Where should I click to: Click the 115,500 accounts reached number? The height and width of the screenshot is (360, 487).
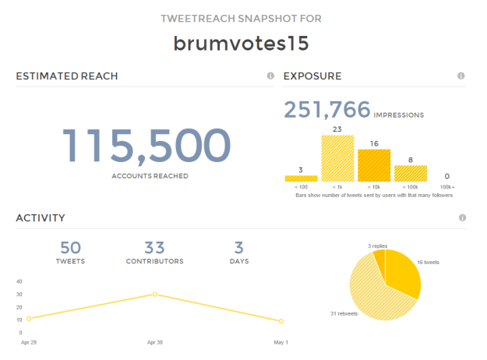tap(146, 146)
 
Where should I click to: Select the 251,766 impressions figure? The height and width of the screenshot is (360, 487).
tap(326, 110)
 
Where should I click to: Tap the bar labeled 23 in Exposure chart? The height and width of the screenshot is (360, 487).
tap(337, 158)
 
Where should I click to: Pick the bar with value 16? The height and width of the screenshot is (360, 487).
tap(373, 165)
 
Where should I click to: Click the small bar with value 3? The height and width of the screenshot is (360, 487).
tap(302, 178)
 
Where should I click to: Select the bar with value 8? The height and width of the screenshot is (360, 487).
tap(410, 173)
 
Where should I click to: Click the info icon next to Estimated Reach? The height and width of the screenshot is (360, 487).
tap(270, 76)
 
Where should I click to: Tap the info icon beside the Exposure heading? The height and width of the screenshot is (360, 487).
tap(461, 76)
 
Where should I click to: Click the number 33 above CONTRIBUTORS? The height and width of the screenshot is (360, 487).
tap(154, 248)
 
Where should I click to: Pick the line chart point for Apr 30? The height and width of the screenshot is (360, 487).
tap(154, 294)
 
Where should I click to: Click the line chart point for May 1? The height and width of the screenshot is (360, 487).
tap(281, 321)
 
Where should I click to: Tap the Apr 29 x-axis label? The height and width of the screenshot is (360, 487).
tap(28, 341)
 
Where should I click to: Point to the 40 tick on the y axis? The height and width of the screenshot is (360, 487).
tap(19, 281)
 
